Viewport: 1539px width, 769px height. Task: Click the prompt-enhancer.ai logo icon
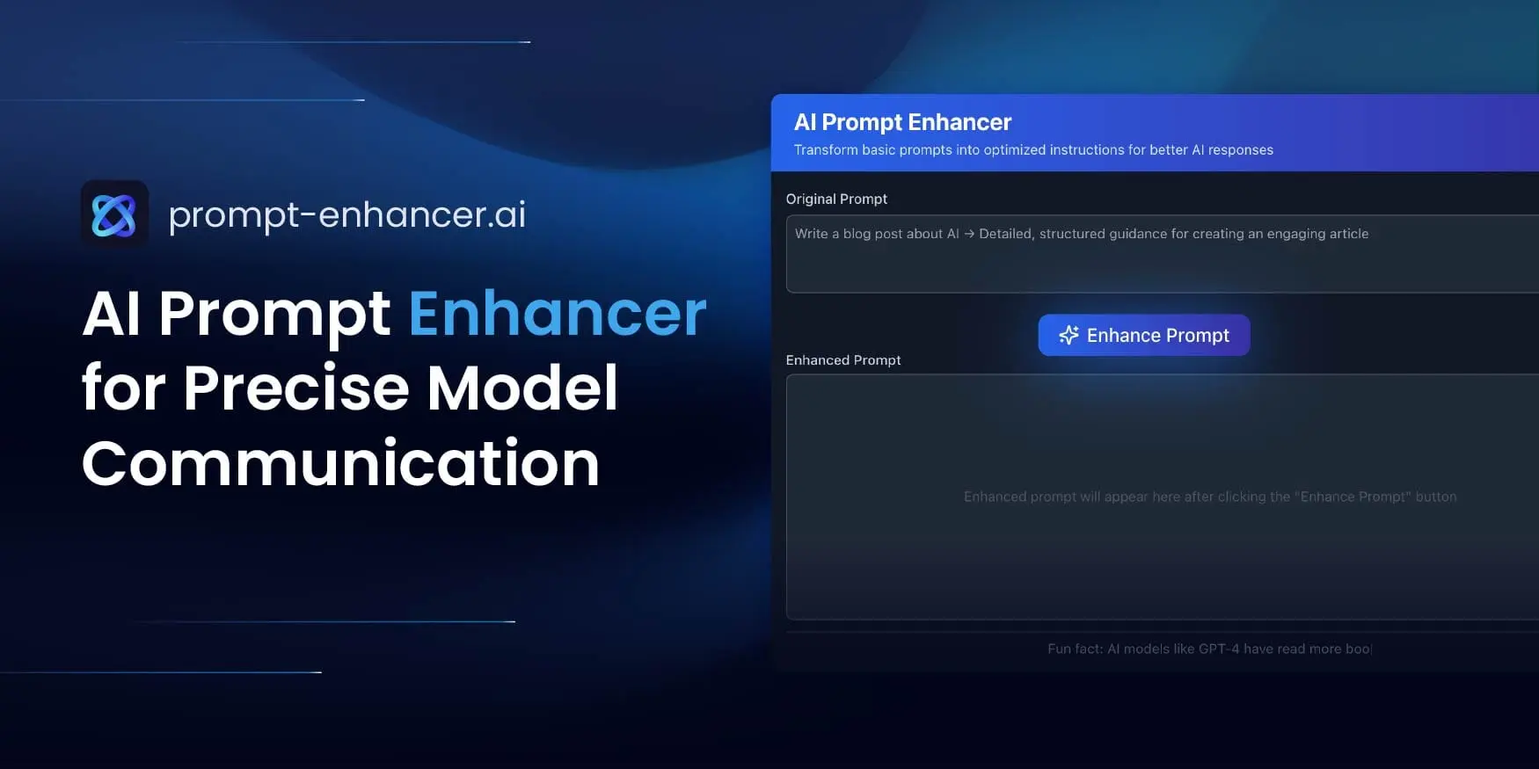[114, 214]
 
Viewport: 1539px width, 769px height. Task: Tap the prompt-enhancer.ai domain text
[346, 214]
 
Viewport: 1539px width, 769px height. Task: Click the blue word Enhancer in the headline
[558, 314]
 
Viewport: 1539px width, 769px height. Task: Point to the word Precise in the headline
[296, 388]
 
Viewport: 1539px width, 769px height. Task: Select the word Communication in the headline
[340, 463]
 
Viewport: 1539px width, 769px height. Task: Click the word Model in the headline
[522, 388]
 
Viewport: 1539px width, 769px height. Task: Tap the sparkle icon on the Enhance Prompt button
[1069, 335]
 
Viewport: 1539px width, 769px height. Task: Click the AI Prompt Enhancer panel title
[902, 122]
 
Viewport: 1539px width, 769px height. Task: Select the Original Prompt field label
[836, 199]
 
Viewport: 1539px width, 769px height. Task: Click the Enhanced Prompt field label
[842, 360]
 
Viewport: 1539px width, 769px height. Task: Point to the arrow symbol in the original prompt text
[969, 234]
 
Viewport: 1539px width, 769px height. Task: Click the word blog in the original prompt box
[857, 234]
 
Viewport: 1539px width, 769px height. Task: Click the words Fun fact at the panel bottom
[1074, 649]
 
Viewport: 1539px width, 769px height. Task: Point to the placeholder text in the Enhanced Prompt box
[1209, 497]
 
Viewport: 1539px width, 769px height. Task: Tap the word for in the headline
[123, 388]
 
